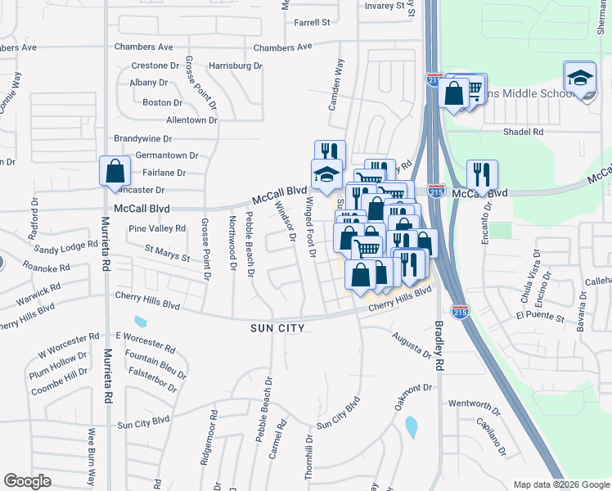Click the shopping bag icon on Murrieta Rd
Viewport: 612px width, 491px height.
[x=115, y=171]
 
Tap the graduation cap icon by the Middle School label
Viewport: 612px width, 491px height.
[x=580, y=77]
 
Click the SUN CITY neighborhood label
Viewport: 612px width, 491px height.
[x=277, y=328]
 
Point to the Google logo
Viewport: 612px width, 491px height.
[x=27, y=481]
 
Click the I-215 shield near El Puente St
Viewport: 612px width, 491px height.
[x=460, y=310]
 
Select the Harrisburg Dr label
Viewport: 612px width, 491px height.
[x=235, y=65]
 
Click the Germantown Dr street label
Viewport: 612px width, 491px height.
[x=167, y=155]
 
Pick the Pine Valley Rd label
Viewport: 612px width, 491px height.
[x=157, y=228]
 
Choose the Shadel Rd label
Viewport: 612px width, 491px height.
[x=524, y=131]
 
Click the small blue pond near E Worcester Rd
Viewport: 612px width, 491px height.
[x=140, y=321]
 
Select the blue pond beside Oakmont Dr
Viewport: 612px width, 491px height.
[x=411, y=426]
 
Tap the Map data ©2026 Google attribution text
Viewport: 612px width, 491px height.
[x=561, y=484]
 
